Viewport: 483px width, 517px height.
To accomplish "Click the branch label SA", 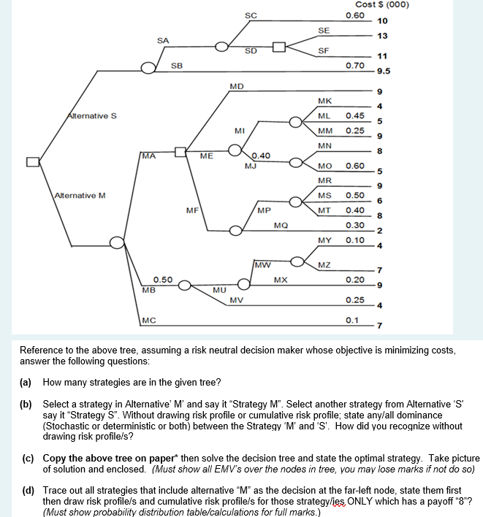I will coord(163,39).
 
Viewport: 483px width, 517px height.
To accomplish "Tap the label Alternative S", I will coord(86,115).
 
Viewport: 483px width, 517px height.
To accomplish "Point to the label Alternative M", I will coord(81,196).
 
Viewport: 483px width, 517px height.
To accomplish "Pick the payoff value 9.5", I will coord(384,72).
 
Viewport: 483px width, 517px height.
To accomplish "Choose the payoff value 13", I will coord(381,36).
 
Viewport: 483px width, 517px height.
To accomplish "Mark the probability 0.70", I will coord(355,66).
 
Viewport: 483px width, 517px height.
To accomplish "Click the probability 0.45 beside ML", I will coord(355,116).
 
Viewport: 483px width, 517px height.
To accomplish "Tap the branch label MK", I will coord(325,101).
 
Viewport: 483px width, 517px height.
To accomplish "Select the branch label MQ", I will coord(281,226).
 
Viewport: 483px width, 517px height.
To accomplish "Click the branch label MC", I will coord(148,319).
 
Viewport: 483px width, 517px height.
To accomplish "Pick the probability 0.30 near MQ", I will coord(355,225).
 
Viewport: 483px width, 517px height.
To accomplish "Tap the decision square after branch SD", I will coord(278,48).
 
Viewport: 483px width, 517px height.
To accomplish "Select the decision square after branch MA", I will coord(180,153).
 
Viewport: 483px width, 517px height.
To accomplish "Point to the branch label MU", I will coord(218,291).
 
